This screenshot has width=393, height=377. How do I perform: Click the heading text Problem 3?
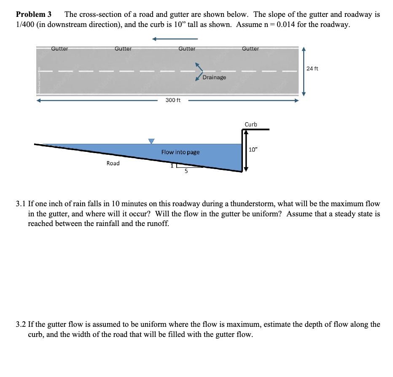point(33,14)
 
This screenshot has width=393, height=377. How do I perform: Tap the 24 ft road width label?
point(312,68)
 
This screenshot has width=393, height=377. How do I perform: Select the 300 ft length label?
point(173,100)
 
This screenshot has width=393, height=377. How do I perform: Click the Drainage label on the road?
point(214,78)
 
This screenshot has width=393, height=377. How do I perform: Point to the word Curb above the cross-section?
point(251,124)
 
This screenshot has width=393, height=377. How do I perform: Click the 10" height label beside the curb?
point(253,150)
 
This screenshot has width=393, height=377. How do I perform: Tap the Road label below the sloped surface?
point(113,163)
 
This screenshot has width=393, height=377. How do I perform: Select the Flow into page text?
point(180,152)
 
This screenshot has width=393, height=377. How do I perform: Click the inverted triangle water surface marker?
point(151,141)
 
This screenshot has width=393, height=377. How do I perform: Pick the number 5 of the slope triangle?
point(186,171)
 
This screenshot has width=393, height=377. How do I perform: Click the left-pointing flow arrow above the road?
point(175,39)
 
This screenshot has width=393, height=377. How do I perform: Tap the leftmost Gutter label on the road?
point(59,49)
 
